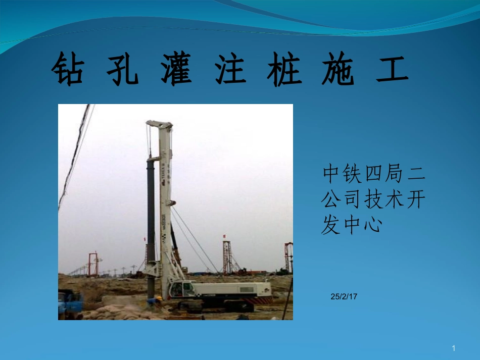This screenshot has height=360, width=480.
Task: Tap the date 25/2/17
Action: click(344, 297)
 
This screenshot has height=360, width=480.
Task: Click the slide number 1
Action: click(454, 348)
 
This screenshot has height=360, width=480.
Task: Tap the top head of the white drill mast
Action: click(159, 124)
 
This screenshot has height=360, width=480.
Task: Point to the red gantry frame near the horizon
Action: click(92, 263)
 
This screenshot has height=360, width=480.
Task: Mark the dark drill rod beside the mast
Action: click(151, 222)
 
